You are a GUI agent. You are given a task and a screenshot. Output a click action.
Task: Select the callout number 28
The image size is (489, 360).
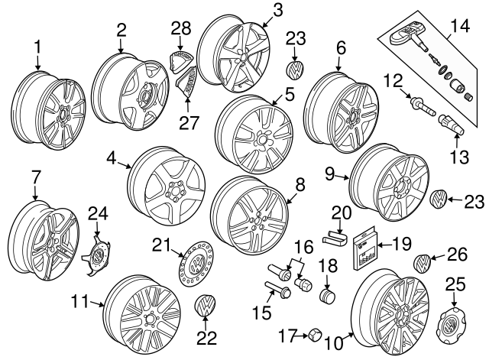click(180, 28)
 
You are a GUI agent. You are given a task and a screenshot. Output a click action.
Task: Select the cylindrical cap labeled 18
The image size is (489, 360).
click(329, 296)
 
